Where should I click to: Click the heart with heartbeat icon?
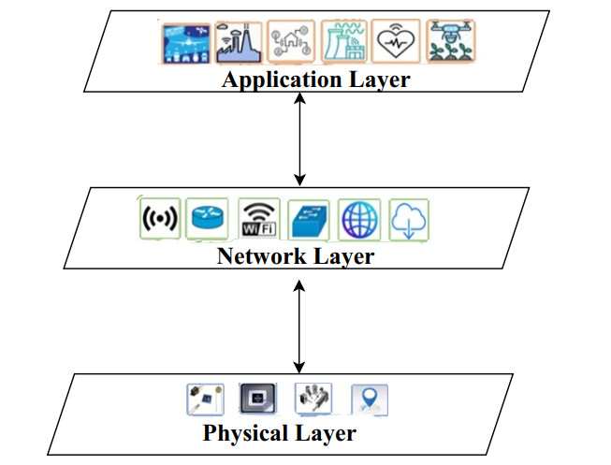point(397,42)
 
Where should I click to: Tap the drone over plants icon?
point(450,42)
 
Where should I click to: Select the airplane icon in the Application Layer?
point(183,43)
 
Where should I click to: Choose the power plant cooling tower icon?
point(343,42)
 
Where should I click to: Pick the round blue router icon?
point(206,219)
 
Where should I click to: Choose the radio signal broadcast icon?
point(158,219)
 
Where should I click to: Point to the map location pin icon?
point(369,400)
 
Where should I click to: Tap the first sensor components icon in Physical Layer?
point(204,400)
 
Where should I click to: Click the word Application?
point(275,80)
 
